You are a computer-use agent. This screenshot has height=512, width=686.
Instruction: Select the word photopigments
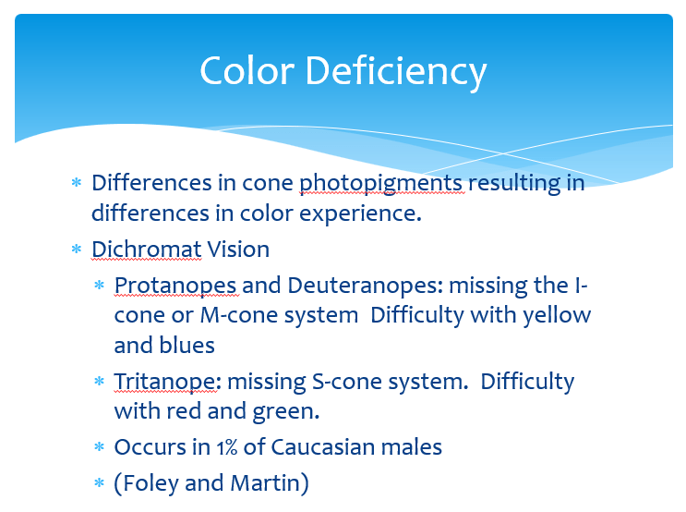(383, 183)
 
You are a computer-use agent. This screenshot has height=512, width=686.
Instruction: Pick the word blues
(189, 346)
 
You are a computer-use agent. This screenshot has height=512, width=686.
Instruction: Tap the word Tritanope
(165, 382)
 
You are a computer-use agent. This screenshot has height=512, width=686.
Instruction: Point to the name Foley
(153, 483)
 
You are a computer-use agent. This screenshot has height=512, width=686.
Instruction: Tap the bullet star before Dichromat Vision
(77, 250)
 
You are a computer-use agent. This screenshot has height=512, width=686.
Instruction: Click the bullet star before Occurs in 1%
(100, 447)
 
